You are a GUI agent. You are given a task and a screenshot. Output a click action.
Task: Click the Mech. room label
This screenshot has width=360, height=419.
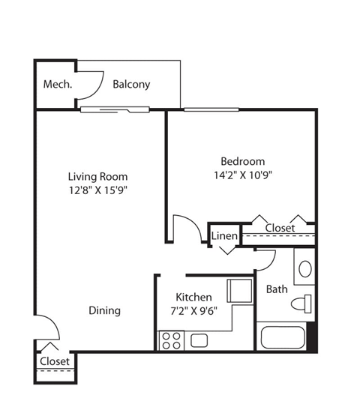(x=58, y=84)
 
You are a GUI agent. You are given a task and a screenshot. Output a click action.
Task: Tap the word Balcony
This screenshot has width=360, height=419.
(x=131, y=84)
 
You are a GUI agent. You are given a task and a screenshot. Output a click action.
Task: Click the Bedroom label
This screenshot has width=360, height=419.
(x=242, y=161)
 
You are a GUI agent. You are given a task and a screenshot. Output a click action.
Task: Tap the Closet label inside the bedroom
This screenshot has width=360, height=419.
(x=280, y=228)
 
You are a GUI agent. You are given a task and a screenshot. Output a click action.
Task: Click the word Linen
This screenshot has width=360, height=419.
(x=224, y=236)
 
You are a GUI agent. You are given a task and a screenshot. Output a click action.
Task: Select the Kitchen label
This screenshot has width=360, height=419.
(x=193, y=297)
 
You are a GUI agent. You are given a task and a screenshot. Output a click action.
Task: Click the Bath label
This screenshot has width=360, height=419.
(x=277, y=289)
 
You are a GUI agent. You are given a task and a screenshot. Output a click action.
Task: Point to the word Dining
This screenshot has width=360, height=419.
(x=104, y=310)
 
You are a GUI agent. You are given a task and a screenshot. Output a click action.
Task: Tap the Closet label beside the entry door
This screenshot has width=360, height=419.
(x=55, y=361)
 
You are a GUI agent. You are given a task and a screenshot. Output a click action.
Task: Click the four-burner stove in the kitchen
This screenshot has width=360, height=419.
(x=171, y=340)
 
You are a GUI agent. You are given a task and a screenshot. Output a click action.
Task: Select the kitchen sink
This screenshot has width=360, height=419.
(x=199, y=340)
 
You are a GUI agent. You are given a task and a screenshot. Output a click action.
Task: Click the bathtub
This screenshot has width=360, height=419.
(x=283, y=337)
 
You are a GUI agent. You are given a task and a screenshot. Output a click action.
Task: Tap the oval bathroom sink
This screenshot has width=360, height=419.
(x=305, y=269)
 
